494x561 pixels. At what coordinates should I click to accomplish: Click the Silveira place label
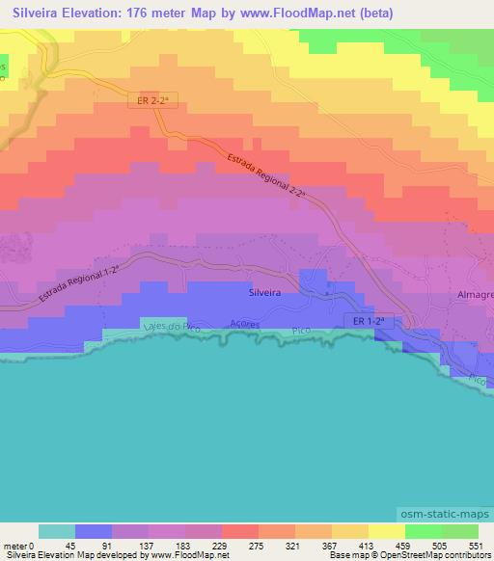[x=264, y=288]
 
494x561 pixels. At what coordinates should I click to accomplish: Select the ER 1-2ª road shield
[x=368, y=320]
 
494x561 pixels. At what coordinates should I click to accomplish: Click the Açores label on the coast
[x=245, y=325]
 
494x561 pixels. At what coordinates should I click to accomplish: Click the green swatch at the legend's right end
[x=460, y=531]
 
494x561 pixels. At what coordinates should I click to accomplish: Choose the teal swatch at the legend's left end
[x=56, y=531]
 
